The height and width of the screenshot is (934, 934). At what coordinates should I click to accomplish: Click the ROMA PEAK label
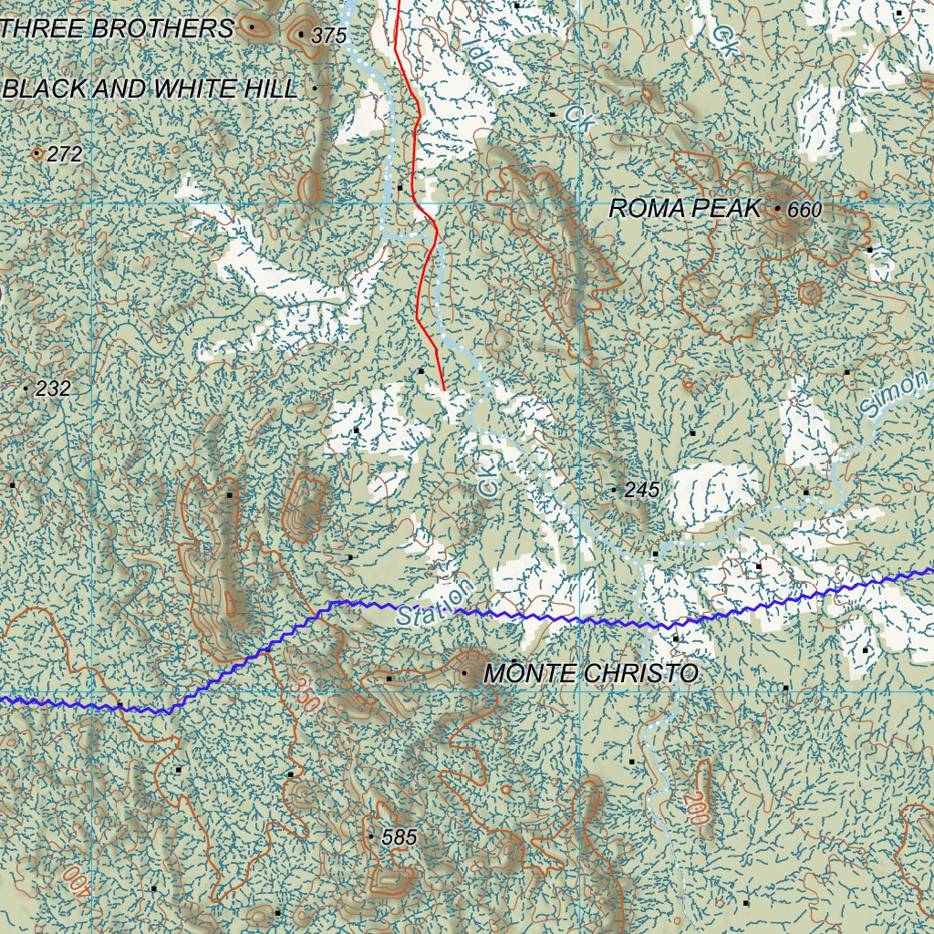[x=683, y=209]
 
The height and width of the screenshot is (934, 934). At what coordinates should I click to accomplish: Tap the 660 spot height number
[x=804, y=211]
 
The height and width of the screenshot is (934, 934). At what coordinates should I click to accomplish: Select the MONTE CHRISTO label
[x=590, y=674]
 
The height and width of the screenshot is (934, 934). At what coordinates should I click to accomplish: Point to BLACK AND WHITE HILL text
[x=150, y=88]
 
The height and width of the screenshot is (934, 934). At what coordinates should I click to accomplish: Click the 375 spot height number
[x=329, y=36]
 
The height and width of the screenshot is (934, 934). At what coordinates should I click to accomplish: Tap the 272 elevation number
[x=64, y=155]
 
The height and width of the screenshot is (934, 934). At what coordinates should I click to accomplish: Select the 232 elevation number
[x=53, y=389]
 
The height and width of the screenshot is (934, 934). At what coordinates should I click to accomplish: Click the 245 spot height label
[x=642, y=490]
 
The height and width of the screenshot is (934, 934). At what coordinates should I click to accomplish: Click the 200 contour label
[x=695, y=806]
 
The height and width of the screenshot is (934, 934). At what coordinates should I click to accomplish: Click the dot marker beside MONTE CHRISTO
[x=465, y=674]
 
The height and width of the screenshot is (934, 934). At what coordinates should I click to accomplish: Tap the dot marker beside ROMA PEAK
[x=777, y=209]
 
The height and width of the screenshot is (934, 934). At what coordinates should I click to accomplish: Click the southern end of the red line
[x=443, y=389]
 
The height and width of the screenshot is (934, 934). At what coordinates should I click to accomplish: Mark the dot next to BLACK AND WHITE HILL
[x=315, y=88]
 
